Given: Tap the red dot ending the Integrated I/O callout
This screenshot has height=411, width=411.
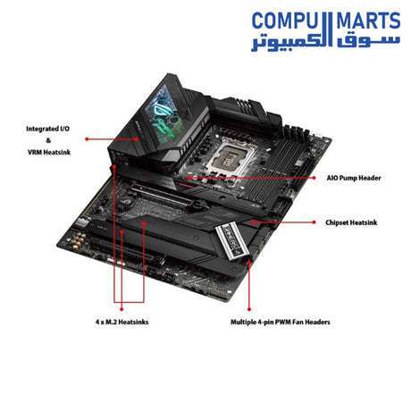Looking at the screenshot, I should pos(87,138).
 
